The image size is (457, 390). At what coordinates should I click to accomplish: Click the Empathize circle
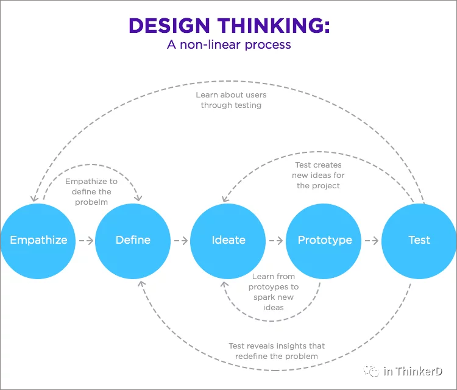click(x=38, y=240)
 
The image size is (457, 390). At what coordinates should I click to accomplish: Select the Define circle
click(x=133, y=240)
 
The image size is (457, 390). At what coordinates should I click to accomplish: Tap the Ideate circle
click(x=228, y=240)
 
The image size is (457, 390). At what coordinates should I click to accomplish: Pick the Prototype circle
click(x=324, y=240)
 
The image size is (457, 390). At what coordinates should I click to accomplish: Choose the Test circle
click(x=419, y=240)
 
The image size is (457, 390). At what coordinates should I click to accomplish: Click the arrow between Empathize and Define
click(x=85, y=240)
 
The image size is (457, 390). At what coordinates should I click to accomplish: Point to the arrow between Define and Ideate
click(x=180, y=240)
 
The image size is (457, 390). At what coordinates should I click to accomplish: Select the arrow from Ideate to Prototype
click(x=276, y=240)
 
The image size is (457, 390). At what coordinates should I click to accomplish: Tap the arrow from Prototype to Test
click(x=372, y=240)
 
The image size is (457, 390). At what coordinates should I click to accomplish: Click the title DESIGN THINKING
click(x=229, y=26)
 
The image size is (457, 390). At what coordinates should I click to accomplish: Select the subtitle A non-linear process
click(x=229, y=44)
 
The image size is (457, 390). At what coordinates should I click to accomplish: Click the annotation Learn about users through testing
click(x=231, y=100)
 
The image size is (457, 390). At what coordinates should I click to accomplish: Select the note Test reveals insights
click(x=273, y=351)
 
